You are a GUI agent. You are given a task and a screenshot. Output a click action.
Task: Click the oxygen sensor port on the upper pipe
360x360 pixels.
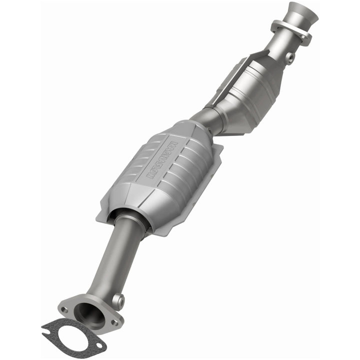pyautogui.click(x=289, y=58)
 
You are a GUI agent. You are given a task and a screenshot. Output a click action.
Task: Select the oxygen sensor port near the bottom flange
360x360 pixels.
pyautogui.click(x=118, y=300)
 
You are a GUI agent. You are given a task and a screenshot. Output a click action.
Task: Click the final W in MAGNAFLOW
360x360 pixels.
pyautogui.click(x=150, y=176)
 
